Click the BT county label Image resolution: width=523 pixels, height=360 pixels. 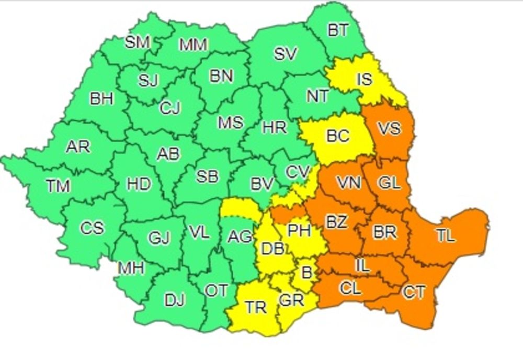point(338,31)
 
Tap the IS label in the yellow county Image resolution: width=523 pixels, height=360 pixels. point(364,80)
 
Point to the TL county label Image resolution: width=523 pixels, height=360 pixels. point(445,236)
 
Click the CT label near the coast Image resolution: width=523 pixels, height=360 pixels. point(414,292)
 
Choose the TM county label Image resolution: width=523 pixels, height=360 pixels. point(58,186)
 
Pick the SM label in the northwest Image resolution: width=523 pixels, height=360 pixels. point(138,42)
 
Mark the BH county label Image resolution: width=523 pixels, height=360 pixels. point(101,99)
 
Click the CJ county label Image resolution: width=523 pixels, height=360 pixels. point(170,108)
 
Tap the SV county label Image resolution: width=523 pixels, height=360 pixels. point(286,54)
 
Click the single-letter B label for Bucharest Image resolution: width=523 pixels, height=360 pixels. point(306,271)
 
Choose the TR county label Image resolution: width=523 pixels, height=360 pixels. point(256,307)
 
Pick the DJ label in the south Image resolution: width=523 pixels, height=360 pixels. point(175,301)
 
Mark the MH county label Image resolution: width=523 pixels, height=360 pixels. point(131,268)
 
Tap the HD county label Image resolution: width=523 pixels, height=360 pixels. point(139,184)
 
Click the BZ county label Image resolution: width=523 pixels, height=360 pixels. point(336,222)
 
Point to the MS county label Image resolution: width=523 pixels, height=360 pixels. point(231,122)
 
